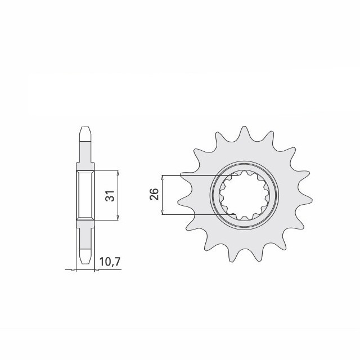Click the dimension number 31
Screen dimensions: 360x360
110,196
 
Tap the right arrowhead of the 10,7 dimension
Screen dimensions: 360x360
94,271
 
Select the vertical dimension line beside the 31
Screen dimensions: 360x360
118,196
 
